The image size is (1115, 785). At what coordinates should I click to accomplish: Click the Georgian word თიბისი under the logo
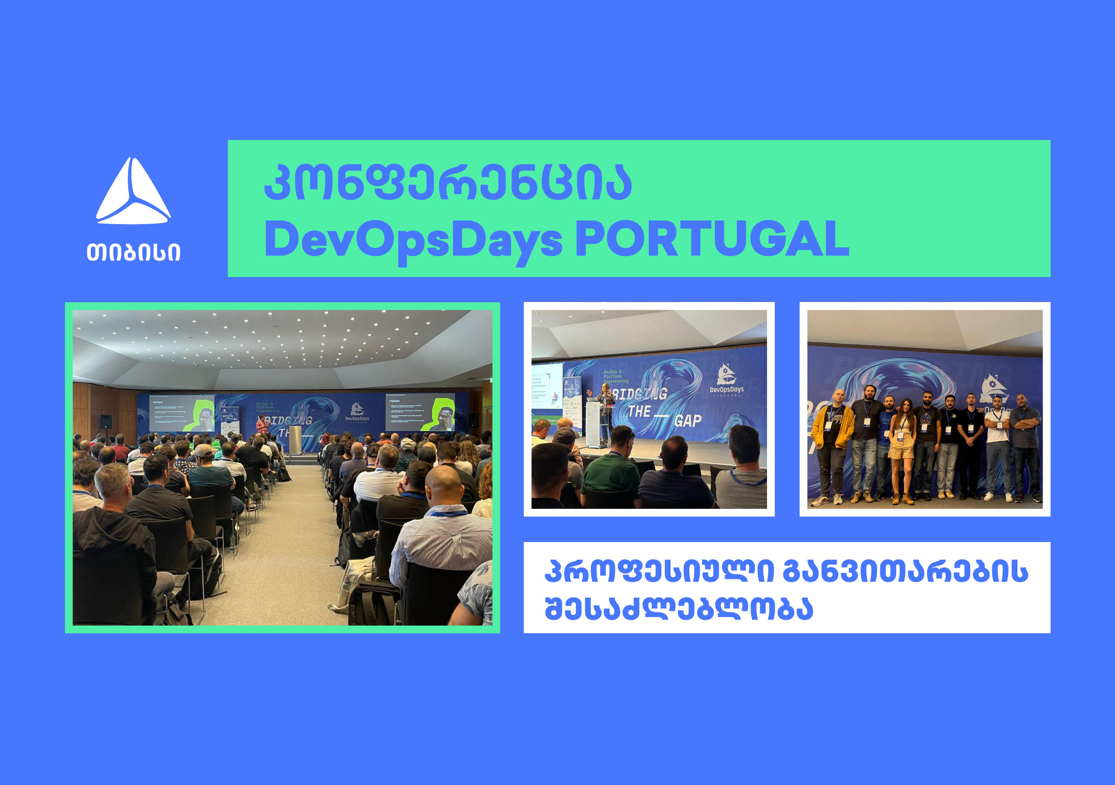tap(133, 252)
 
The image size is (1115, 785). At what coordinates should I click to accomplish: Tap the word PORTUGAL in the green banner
tap(711, 239)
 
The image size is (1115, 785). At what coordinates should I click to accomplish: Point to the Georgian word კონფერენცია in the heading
tap(447, 183)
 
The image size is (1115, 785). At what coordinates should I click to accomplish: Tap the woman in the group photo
tap(901, 449)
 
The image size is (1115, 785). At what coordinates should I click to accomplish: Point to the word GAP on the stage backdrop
tap(687, 421)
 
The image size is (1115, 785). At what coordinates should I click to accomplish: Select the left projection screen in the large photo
tap(182, 413)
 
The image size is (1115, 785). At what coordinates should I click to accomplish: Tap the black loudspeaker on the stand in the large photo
tap(105, 422)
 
